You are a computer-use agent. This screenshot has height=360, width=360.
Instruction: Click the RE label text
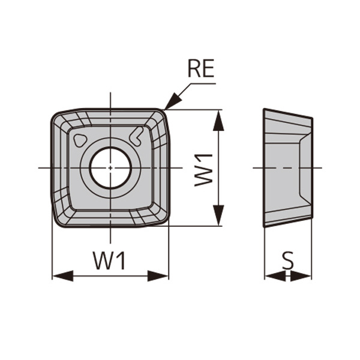200,70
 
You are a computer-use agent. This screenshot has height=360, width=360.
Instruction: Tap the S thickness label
288,261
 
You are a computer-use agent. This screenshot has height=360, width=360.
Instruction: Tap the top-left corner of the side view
265,110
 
